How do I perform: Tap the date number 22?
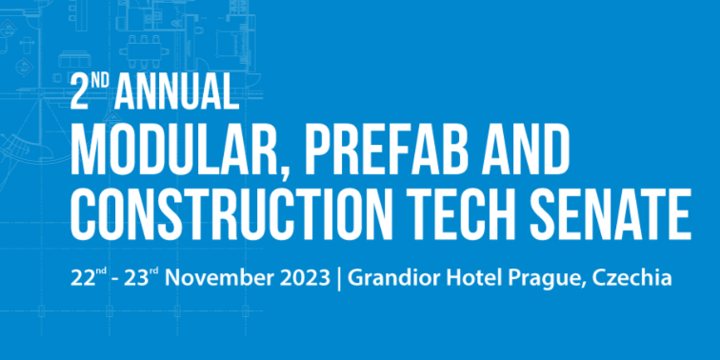point(80,279)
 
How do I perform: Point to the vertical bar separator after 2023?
point(339,279)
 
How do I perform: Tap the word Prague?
point(540,279)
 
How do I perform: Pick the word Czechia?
point(632,279)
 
